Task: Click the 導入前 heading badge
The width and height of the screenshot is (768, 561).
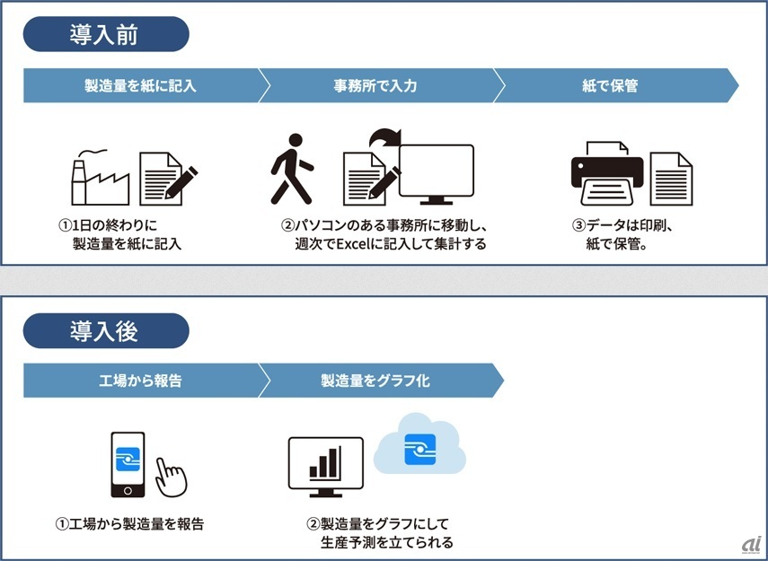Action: [106, 34]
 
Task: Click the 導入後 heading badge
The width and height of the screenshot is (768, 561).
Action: [106, 330]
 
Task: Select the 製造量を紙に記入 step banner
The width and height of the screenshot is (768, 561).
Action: [140, 86]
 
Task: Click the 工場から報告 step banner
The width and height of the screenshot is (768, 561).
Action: [140, 381]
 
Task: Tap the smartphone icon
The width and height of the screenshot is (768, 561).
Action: [128, 464]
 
